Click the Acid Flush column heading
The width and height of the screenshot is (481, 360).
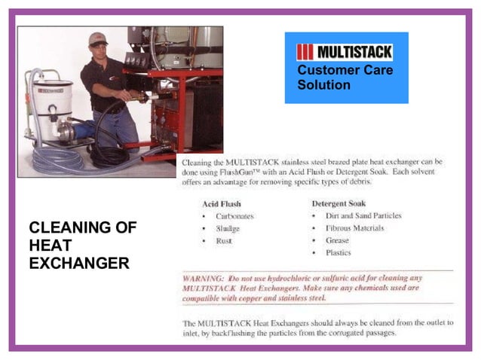point(222,203)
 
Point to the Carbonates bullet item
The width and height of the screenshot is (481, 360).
point(234,216)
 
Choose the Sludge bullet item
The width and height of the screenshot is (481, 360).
point(228,228)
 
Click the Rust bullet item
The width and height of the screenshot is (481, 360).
point(225,241)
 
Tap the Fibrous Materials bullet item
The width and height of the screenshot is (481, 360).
point(354,228)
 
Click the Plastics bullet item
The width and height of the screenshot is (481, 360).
point(339,253)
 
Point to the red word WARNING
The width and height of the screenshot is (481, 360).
point(203,279)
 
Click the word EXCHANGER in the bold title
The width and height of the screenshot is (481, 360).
point(79,264)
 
